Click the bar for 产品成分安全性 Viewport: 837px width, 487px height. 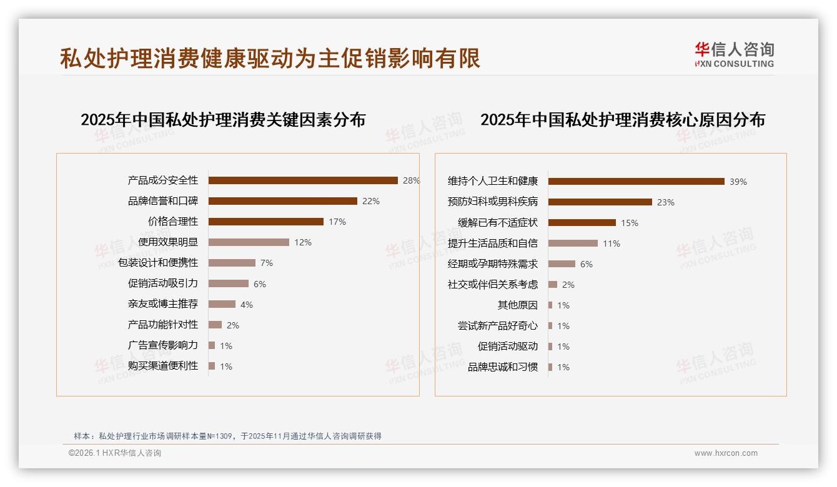303,180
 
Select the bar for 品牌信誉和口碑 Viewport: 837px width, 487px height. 282,201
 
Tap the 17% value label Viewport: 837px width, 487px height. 337,222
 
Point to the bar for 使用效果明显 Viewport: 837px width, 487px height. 249,242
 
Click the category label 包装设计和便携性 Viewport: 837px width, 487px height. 158,263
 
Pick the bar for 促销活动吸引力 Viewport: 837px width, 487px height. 228,283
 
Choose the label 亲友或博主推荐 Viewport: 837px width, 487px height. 163,304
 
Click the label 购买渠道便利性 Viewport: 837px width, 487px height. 163,366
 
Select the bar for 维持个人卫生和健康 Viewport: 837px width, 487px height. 636,182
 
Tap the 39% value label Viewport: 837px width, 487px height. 738,182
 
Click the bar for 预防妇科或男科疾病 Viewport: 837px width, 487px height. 600,202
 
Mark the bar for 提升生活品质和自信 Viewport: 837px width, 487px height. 573,243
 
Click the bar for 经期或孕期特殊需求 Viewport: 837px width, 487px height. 562,264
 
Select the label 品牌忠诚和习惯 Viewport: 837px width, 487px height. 503,367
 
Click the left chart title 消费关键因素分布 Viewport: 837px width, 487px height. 223,120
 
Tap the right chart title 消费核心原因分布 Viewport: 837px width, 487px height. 622,120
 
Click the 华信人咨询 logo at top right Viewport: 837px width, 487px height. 734,54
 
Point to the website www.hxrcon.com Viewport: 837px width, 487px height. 726,453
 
